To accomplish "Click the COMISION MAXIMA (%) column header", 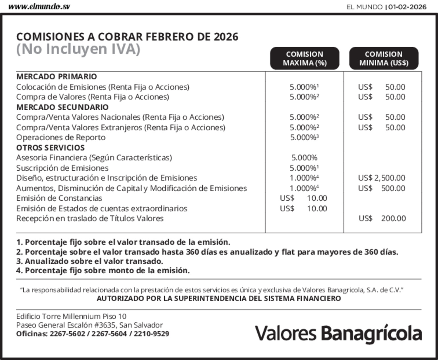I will pyautogui.click(x=305, y=58).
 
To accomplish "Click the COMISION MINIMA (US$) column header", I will pyautogui.click(x=384, y=58).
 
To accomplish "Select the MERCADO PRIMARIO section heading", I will pyautogui.click(x=57, y=76).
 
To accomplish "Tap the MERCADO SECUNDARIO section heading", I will pyautogui.click(x=62, y=107).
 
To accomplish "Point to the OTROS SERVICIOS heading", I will pyautogui.click(x=51, y=148).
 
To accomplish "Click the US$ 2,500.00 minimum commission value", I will pyautogui.click(x=382, y=178).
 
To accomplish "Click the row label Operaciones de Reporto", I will pyautogui.click(x=61, y=137).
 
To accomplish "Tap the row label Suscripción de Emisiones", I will pyautogui.click(x=62, y=168).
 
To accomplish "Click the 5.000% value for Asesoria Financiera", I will pyautogui.click(x=304, y=158).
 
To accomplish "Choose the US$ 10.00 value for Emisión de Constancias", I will pyautogui.click(x=303, y=198).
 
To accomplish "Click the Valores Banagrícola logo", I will pyautogui.click(x=338, y=333).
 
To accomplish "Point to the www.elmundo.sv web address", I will pyautogui.click(x=39, y=7).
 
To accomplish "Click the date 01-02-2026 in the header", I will pyautogui.click(x=407, y=7).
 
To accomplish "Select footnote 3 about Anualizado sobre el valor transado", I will pyautogui.click(x=90, y=261).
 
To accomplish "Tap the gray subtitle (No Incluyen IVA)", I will pyautogui.click(x=78, y=49).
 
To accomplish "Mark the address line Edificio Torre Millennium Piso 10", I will pyautogui.click(x=71, y=316).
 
